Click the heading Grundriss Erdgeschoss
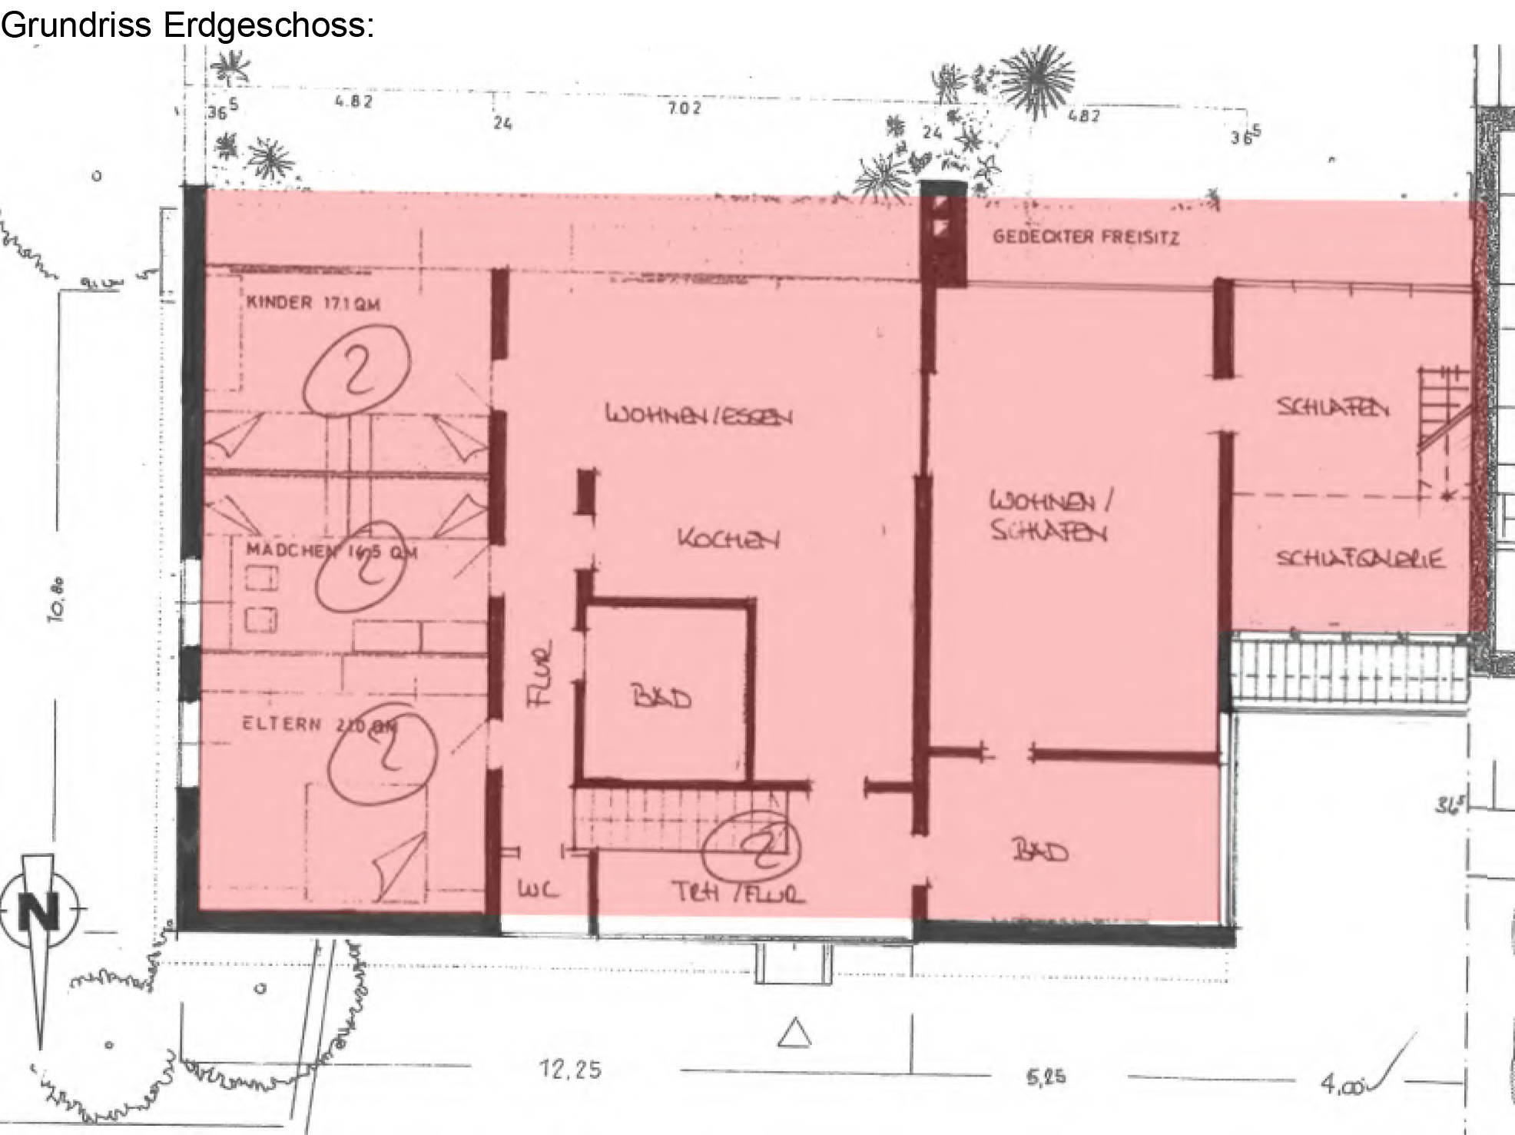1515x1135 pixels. coord(187,25)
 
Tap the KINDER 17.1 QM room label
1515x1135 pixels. coord(313,303)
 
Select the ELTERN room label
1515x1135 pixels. coord(282,724)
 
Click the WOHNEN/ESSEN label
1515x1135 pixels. coord(699,416)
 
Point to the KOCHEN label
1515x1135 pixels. coord(728,539)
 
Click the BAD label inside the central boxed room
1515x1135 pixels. coord(661,698)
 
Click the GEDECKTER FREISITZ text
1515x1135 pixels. coord(1086,237)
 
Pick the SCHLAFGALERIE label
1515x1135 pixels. coord(1360,559)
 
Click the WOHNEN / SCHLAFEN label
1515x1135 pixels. coord(1049,516)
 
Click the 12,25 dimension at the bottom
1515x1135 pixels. coord(570,1070)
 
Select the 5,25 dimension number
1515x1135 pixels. coord(1046,1077)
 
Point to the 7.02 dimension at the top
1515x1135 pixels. coord(684,108)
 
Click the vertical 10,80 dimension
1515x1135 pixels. coord(59,599)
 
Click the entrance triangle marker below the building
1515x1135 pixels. coord(794,1034)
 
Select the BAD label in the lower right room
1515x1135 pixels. coord(1041,851)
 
